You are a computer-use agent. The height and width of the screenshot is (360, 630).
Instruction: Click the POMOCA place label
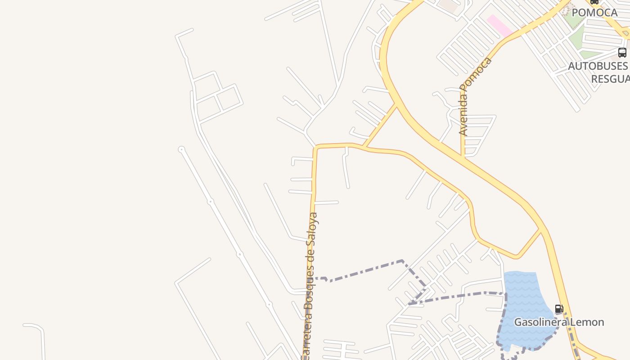click(x=594, y=13)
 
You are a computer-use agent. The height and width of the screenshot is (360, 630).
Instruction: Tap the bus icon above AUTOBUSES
click(x=622, y=53)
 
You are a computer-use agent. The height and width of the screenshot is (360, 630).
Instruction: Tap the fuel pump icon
click(x=559, y=309)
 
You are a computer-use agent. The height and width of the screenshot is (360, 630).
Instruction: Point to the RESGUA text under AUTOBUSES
click(x=610, y=79)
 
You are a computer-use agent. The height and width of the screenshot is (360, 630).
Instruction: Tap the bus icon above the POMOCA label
click(x=594, y=2)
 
